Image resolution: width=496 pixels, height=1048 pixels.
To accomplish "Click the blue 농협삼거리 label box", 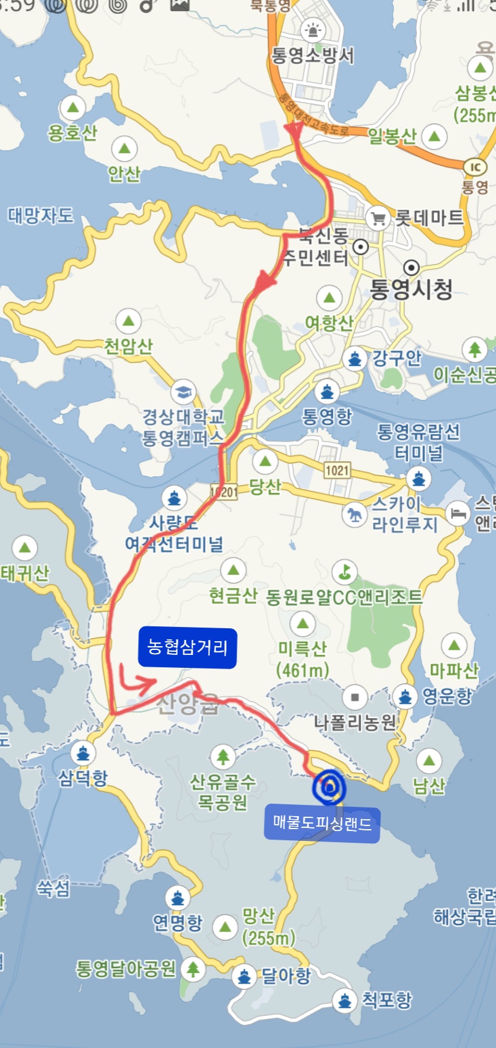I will coord(187,647).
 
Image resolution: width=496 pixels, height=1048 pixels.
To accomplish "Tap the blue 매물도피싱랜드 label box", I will coord(322,824).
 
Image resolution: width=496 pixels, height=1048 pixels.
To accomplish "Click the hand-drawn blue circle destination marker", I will coord(329,787).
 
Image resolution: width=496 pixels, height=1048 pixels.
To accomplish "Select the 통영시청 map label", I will coord(411,289).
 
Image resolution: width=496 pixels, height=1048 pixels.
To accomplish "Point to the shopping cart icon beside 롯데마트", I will coord(377,218).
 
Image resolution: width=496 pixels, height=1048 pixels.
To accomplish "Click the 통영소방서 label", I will coord(313,56).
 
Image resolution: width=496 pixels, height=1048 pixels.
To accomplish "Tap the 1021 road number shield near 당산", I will coord(337,470).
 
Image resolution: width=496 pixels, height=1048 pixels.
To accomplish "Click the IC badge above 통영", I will coord(475,167).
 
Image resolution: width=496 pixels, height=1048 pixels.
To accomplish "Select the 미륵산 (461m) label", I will coord(302,659).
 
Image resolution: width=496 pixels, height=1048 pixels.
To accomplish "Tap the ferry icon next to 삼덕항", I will coord(82,753).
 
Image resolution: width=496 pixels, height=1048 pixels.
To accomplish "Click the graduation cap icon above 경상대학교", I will coord(183,392).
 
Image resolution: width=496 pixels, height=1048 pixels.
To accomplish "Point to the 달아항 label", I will coord(285,975).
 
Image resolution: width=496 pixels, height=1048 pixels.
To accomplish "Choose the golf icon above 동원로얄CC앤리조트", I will coord(344,571).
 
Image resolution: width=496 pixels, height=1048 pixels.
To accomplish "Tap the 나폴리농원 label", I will coord(354,722).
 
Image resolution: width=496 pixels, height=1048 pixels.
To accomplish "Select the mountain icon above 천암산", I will coord(129,321).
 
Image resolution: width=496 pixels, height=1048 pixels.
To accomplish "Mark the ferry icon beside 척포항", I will coord(344,1000).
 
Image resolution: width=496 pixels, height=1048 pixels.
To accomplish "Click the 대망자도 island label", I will coord(40,216).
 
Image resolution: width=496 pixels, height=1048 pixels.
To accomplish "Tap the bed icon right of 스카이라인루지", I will coord(458,513).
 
